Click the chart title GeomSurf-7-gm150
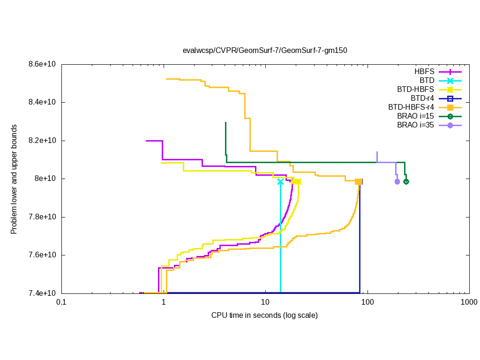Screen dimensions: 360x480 coord(265,50)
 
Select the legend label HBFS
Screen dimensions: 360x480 coord(424,72)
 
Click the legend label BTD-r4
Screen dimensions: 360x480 coord(422,98)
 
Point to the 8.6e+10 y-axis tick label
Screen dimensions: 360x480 coord(43,64)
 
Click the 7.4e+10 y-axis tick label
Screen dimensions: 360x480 coord(43,293)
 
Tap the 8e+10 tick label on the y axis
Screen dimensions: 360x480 coord(46,179)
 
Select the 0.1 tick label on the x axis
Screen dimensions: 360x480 coord(61,303)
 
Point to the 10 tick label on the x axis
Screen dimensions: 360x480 coord(265,303)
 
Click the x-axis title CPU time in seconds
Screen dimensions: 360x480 coord(264,315)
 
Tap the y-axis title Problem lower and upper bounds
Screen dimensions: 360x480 coord(15,180)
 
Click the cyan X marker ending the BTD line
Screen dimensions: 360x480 coord(280,182)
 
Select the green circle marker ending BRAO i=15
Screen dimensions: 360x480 coord(406,182)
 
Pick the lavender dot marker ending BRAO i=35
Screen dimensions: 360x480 coord(397,182)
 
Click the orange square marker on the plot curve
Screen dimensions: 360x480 coord(358,182)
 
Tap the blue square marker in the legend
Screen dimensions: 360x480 coord(450,98)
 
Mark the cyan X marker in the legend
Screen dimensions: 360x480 coord(450,81)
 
